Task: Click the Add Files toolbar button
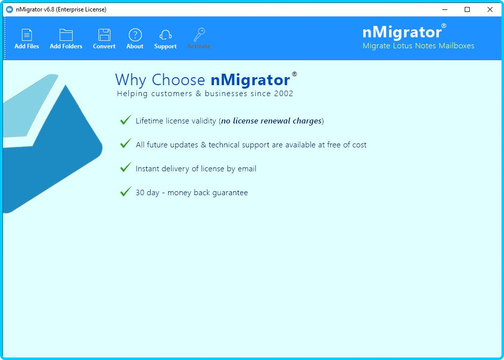(x=27, y=39)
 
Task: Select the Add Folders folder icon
(x=66, y=35)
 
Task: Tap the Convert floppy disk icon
(x=104, y=35)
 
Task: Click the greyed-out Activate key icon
(x=200, y=35)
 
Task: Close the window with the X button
(x=490, y=9)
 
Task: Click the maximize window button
(x=467, y=9)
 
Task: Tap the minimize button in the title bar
(x=445, y=9)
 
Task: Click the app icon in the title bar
(x=9, y=9)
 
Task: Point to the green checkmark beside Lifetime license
(x=126, y=120)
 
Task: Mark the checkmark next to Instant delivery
(x=126, y=167)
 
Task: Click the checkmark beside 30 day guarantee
(x=126, y=191)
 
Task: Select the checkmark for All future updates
(x=126, y=143)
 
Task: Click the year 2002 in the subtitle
(x=284, y=94)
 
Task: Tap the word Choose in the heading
(x=178, y=80)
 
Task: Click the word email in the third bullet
(x=247, y=169)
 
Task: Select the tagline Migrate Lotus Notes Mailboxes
(x=418, y=46)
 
